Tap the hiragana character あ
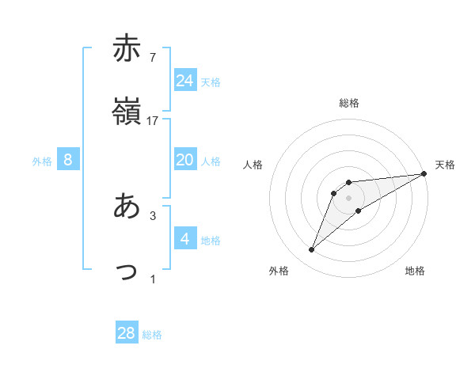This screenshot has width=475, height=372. pyautogui.click(x=127, y=207)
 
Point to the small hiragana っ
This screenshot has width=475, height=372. pyautogui.click(x=127, y=271)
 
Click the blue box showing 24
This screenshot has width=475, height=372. pyautogui.click(x=184, y=81)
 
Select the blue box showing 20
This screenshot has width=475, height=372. pyautogui.click(x=184, y=160)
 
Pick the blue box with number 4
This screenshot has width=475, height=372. pyautogui.click(x=184, y=238)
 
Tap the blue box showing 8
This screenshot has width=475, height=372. pyautogui.click(x=68, y=160)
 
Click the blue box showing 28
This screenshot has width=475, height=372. pyautogui.click(x=127, y=333)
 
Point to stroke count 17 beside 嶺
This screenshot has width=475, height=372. pyautogui.click(x=153, y=121)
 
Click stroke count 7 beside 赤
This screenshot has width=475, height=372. pyautogui.click(x=152, y=56)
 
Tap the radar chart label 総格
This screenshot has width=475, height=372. pyautogui.click(x=348, y=103)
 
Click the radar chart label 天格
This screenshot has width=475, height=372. pyautogui.click(x=445, y=165)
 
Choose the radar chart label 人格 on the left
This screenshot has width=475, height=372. pyautogui.click(x=253, y=165)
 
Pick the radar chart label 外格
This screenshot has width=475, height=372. pyautogui.click(x=279, y=271)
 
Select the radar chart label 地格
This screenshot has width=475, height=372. pyautogui.click(x=415, y=271)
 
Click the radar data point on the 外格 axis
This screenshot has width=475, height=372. pyautogui.click(x=312, y=249)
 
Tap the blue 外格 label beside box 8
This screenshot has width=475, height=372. pyautogui.click(x=42, y=161)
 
